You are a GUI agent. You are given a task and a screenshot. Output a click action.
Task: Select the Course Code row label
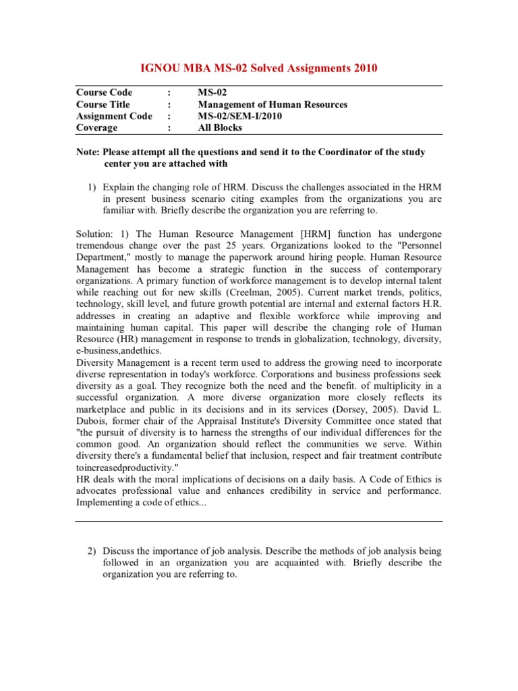(x=105, y=92)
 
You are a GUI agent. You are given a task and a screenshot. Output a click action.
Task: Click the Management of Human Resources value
(x=272, y=105)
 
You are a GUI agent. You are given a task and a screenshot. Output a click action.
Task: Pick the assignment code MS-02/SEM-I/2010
(x=239, y=116)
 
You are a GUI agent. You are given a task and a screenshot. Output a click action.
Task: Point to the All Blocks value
(x=220, y=128)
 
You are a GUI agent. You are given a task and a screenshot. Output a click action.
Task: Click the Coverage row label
(x=97, y=128)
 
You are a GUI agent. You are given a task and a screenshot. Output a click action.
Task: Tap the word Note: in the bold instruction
(x=88, y=152)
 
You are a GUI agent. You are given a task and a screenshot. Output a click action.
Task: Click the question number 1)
(x=94, y=186)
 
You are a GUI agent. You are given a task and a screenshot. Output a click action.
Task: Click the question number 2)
(x=94, y=551)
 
